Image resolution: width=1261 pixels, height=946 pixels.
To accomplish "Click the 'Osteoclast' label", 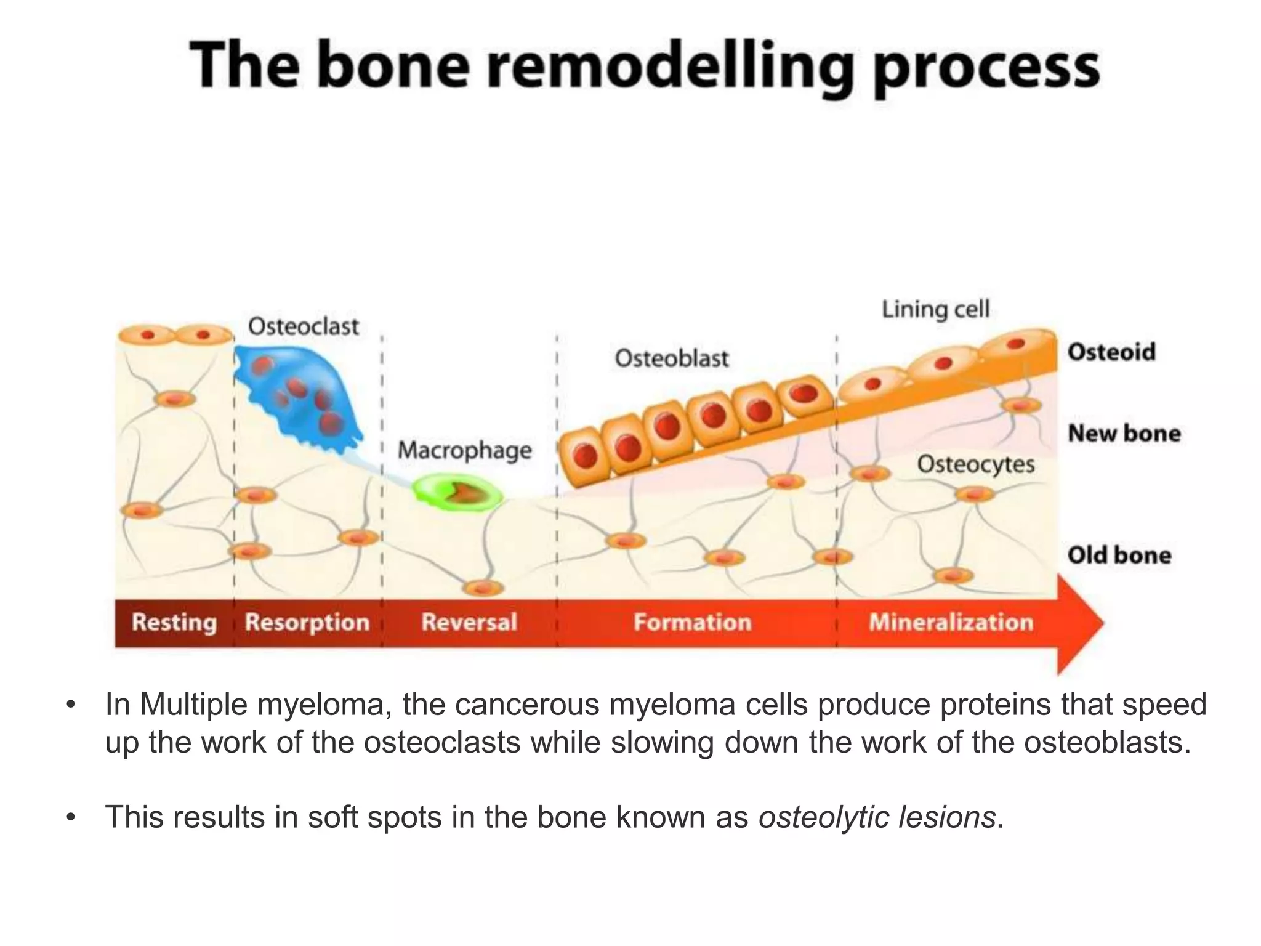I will coord(303,326).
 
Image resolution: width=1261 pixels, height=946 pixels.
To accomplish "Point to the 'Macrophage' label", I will coord(464,450).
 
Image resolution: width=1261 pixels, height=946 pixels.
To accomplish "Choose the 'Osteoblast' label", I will coord(671,358).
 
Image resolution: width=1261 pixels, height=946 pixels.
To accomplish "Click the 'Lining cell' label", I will coord(935,309).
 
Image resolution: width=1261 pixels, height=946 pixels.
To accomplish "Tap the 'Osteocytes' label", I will coord(975,464).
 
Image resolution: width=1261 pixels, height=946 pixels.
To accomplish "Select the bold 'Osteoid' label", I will coord(1111,352).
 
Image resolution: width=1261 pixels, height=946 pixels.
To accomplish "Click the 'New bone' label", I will coord(1124,434).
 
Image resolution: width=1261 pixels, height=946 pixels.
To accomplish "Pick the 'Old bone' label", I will coord(1119,556).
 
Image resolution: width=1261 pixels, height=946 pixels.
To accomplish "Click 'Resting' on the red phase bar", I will coord(174,623).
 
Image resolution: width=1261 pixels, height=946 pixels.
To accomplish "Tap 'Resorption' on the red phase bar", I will coord(307,623).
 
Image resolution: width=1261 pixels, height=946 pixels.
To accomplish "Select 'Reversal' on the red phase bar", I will coord(469,623).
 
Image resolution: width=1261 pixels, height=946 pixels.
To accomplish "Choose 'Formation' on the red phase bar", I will coord(693,623).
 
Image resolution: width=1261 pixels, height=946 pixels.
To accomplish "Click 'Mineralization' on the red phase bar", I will coord(951,623).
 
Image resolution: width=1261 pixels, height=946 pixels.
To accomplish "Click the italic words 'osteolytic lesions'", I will coord(877,818).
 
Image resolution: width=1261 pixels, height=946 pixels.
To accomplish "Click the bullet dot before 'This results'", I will coord(71,818).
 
